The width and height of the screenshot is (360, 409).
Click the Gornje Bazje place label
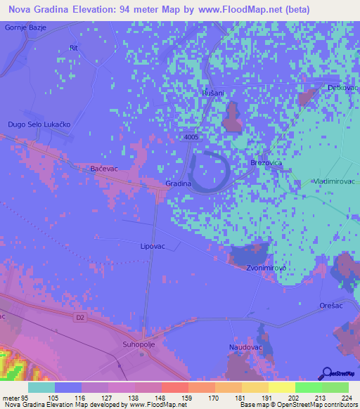tap(25, 27)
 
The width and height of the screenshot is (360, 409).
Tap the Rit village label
tap(73, 48)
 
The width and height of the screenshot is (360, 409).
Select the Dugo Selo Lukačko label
tap(39, 124)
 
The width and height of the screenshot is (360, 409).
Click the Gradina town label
tap(179, 183)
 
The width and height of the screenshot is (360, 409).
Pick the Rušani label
tap(212, 93)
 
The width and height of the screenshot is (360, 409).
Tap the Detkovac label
tap(343, 88)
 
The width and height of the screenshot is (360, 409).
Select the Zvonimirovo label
tap(264, 268)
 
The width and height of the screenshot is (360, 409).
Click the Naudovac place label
tap(245, 347)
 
